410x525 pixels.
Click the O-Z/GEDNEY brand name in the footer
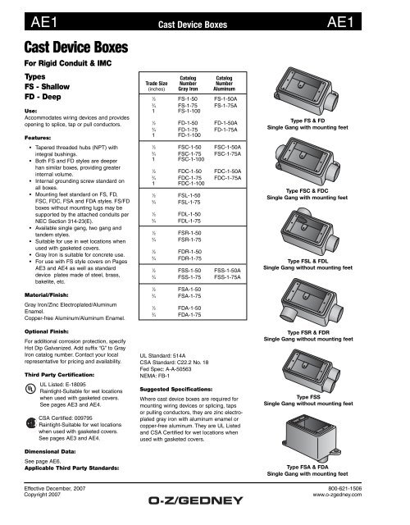click(x=204, y=518)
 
